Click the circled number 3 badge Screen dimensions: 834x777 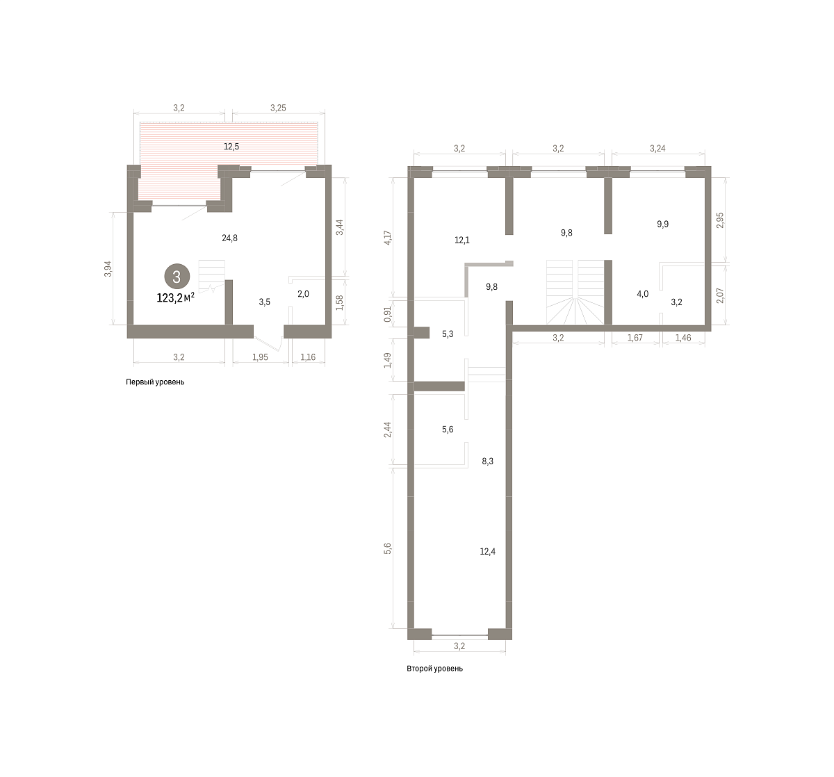[x=177, y=277]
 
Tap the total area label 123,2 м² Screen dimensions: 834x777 [x=176, y=297]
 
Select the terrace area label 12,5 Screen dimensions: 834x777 [x=231, y=147]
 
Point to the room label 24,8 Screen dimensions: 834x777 [x=230, y=238]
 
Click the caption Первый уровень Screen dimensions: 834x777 [x=155, y=382]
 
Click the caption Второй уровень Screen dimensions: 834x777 [x=434, y=669]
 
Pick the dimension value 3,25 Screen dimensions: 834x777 [x=278, y=108]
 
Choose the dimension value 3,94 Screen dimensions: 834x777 [x=108, y=269]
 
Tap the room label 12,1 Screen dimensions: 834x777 [x=462, y=240]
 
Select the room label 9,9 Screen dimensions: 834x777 [x=662, y=224]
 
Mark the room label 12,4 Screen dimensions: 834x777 [x=488, y=551]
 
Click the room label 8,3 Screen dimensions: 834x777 [x=488, y=461]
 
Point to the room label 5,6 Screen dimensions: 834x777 [x=448, y=430]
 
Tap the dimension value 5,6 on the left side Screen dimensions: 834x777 [x=387, y=548]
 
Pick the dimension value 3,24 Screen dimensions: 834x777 [x=657, y=148]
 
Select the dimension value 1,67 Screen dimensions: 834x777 [x=635, y=338]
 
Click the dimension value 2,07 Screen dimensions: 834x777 [x=720, y=295]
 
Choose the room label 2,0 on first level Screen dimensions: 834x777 [x=303, y=294]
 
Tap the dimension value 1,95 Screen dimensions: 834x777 [x=260, y=357]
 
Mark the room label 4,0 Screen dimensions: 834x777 [x=642, y=294]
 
